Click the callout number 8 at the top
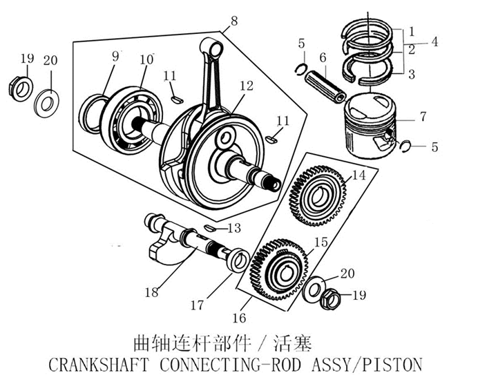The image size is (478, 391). coord(235,21)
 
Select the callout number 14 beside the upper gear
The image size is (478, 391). coord(358,175)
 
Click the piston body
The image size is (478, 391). coord(370,124)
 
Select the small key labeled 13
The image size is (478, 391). coord(211,227)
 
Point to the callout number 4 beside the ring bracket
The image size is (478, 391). coord(434,41)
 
